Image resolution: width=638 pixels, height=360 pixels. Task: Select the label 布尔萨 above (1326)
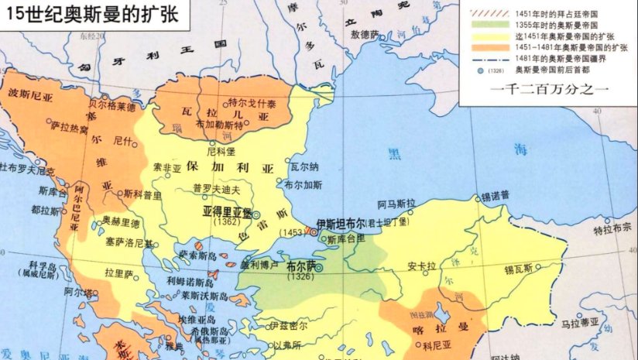(300, 265)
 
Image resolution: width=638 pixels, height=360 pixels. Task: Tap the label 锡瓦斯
(520, 269)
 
